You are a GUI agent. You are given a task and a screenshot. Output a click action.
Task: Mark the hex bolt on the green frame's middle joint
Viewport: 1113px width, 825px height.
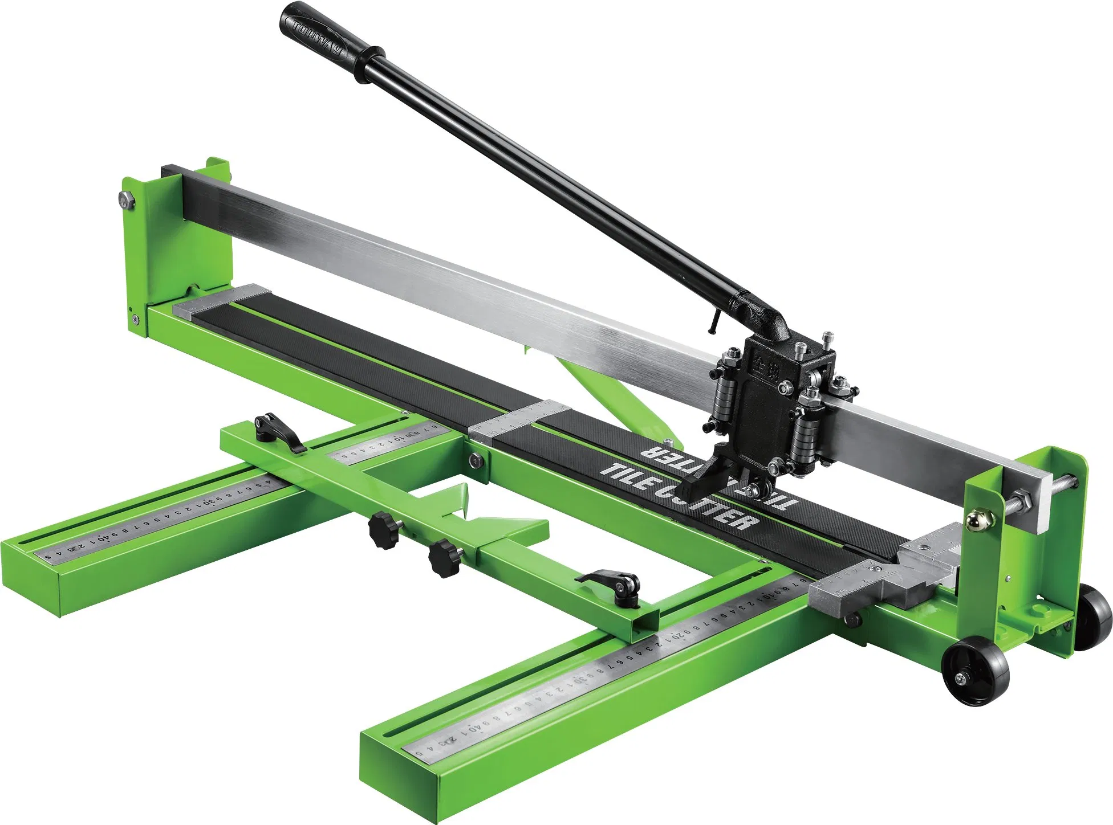475,460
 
